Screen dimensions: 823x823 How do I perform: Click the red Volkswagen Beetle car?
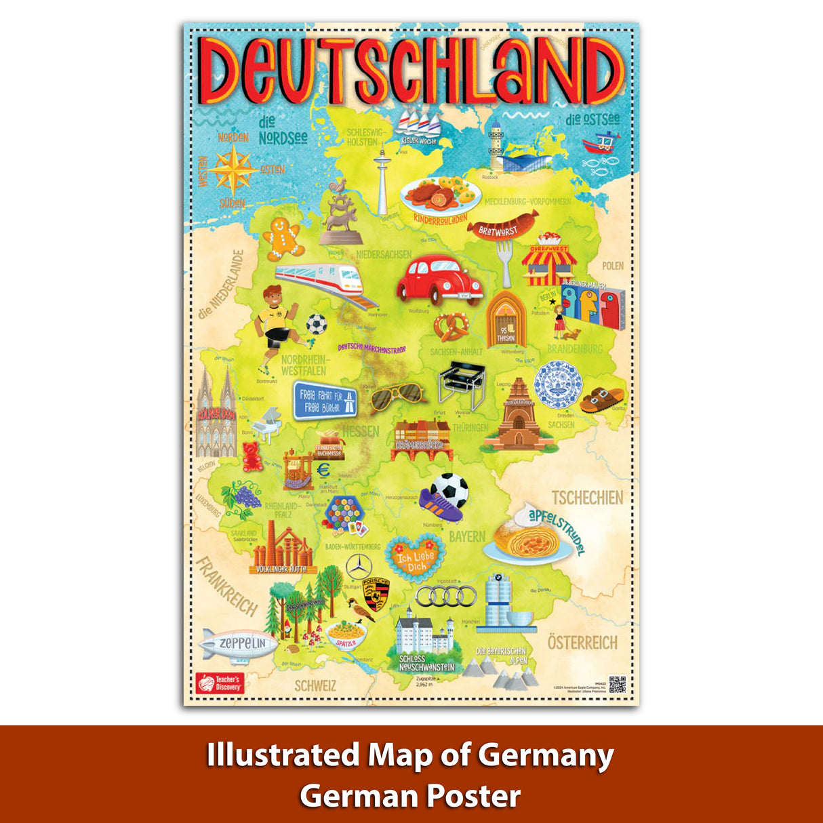(x=439, y=278)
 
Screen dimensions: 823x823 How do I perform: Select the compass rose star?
(x=232, y=169)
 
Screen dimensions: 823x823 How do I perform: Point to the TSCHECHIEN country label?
(x=586, y=498)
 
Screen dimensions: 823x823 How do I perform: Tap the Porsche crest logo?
(x=377, y=595)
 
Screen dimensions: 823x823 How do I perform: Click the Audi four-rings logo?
(x=445, y=597)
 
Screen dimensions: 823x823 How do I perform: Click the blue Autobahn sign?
(x=325, y=401)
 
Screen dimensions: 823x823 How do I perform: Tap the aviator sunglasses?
(x=397, y=396)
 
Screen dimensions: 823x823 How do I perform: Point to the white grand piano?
(x=267, y=425)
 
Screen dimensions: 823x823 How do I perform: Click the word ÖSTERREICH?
(x=582, y=642)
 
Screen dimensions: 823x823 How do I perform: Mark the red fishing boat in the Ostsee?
(x=599, y=143)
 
